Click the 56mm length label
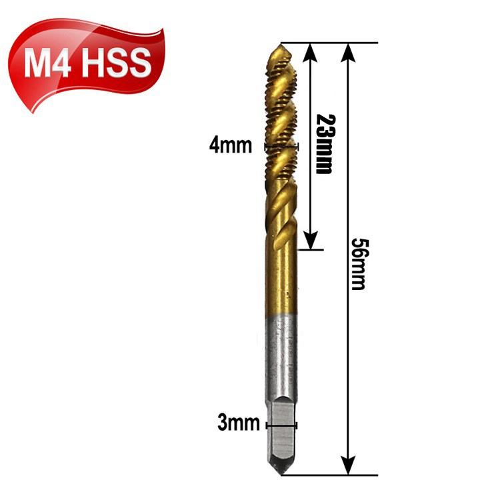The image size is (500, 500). pos(358,263)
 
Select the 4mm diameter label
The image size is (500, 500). pos(231,145)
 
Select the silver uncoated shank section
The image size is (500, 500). pos(282,360)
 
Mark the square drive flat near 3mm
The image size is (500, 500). pos(282,433)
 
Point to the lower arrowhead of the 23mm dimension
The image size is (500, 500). pos(311,243)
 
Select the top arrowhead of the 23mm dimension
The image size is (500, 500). pos(311,50)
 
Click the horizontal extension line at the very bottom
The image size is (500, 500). pos(333,475)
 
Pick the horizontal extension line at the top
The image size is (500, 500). pos(333,43)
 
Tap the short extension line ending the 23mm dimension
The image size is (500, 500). pos(310,250)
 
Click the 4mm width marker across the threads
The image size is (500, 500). pos(281,145)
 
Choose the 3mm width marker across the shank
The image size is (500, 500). pos(281,424)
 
